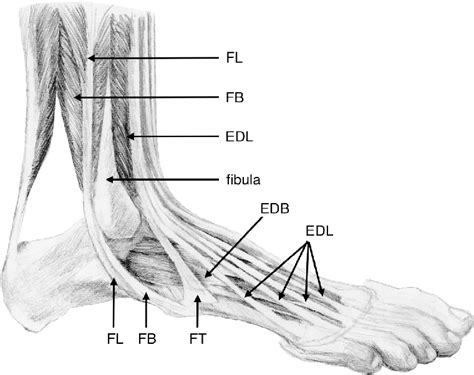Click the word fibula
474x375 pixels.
(244, 180)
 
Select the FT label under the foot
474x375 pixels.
(198, 340)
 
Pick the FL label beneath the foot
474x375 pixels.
(115, 340)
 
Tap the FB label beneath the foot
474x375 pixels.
(147, 340)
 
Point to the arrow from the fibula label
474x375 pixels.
(160, 180)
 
